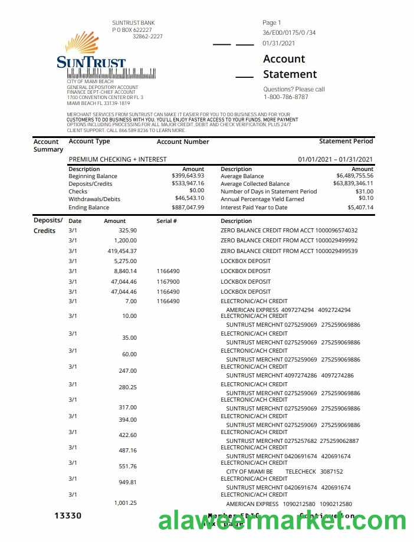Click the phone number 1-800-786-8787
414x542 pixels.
point(285,97)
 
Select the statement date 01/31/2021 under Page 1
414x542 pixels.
point(279,43)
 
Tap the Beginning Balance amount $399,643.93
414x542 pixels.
point(188,176)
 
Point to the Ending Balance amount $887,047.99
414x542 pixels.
point(188,208)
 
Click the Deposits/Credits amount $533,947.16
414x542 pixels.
point(188,183)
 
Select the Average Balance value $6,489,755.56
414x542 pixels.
point(354,176)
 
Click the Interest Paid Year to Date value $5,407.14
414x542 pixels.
point(360,208)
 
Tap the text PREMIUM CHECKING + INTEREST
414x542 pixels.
point(117,159)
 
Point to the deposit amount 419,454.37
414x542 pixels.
point(122,251)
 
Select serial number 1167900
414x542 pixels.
point(168,282)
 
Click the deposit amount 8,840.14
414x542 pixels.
point(125,271)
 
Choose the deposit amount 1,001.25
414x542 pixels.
point(125,503)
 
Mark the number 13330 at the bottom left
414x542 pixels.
point(68,516)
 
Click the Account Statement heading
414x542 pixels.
point(290,67)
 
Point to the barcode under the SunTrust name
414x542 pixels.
point(111,74)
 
